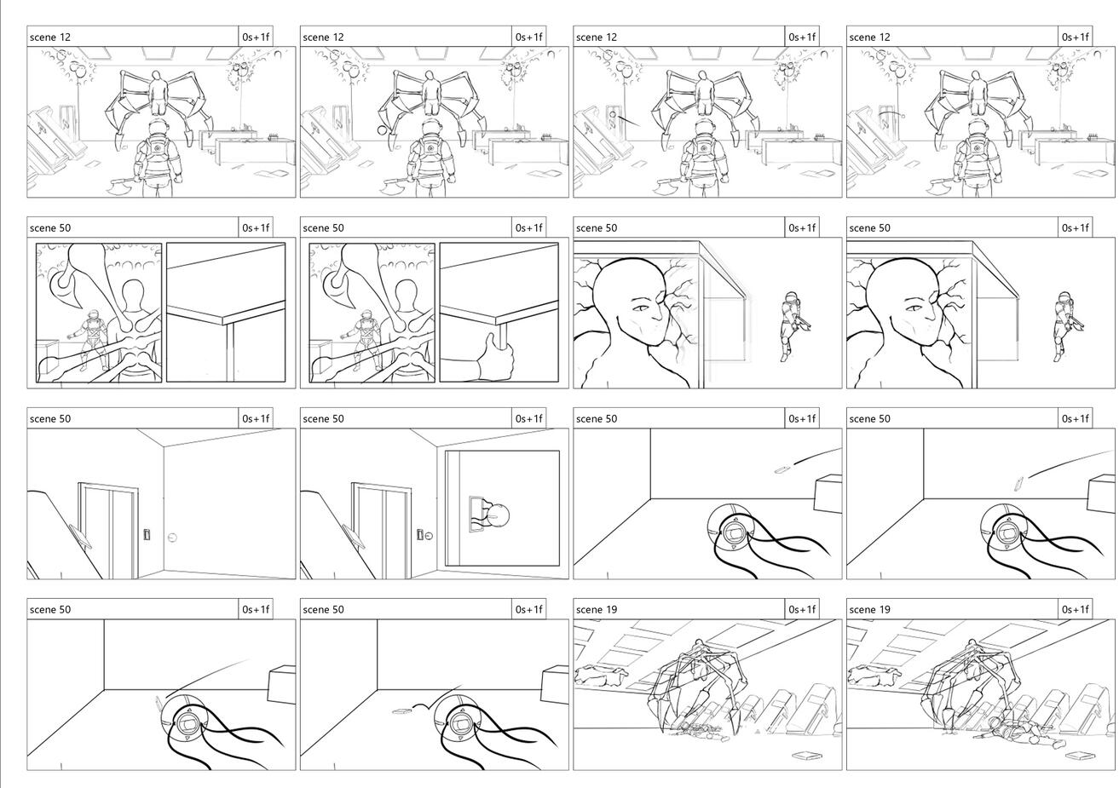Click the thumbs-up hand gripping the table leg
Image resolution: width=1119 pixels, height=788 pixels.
pos(494,358)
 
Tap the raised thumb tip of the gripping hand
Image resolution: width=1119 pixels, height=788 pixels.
pos(492,336)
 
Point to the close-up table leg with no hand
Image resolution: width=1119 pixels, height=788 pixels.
pos(229,352)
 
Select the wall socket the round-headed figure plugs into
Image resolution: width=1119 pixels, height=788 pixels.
pos(476,514)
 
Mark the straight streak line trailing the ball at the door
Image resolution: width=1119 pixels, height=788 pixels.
pos(629,121)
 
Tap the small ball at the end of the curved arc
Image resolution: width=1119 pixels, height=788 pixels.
pos(903,117)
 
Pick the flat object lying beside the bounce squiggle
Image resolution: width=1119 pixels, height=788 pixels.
pos(399,710)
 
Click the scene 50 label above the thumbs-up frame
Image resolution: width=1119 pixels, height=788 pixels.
pos(323,228)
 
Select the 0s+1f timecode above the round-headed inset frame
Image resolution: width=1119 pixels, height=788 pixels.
pos(528,419)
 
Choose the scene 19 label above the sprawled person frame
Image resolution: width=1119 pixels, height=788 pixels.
pos(869,610)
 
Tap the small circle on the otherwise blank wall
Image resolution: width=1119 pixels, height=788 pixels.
pos(172,538)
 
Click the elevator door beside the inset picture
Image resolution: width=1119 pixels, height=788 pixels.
pos(382,531)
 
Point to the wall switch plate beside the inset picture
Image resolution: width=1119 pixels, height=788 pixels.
pos(420,535)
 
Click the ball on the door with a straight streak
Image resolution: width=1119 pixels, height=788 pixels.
pos(613,115)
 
